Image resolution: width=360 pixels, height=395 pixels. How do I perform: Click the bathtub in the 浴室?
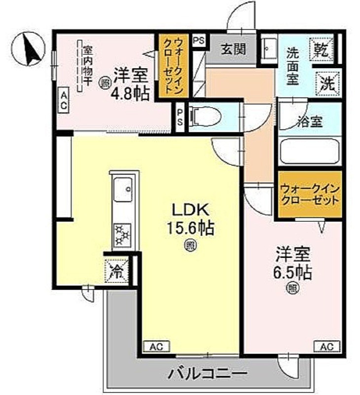(x=310, y=152)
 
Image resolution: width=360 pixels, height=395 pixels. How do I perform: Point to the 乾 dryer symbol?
(x=322, y=49)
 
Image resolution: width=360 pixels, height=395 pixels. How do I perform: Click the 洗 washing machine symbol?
(x=327, y=84)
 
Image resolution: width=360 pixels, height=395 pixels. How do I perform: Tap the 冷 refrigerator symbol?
(x=116, y=270)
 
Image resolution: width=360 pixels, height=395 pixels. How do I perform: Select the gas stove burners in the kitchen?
(x=122, y=236)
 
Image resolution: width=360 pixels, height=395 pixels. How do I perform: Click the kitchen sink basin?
(x=122, y=190)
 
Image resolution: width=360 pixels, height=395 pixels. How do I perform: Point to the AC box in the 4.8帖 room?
(x=64, y=101)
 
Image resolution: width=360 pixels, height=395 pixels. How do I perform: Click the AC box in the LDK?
(x=156, y=347)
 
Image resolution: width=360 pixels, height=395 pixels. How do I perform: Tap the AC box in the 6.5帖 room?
(x=326, y=347)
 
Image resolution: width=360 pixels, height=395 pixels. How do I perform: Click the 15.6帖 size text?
(x=190, y=228)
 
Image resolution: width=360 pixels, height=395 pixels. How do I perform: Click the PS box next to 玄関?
(x=199, y=40)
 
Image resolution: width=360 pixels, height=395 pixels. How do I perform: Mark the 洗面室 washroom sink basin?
(x=268, y=48)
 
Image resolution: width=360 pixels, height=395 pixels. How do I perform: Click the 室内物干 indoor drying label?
(x=88, y=66)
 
